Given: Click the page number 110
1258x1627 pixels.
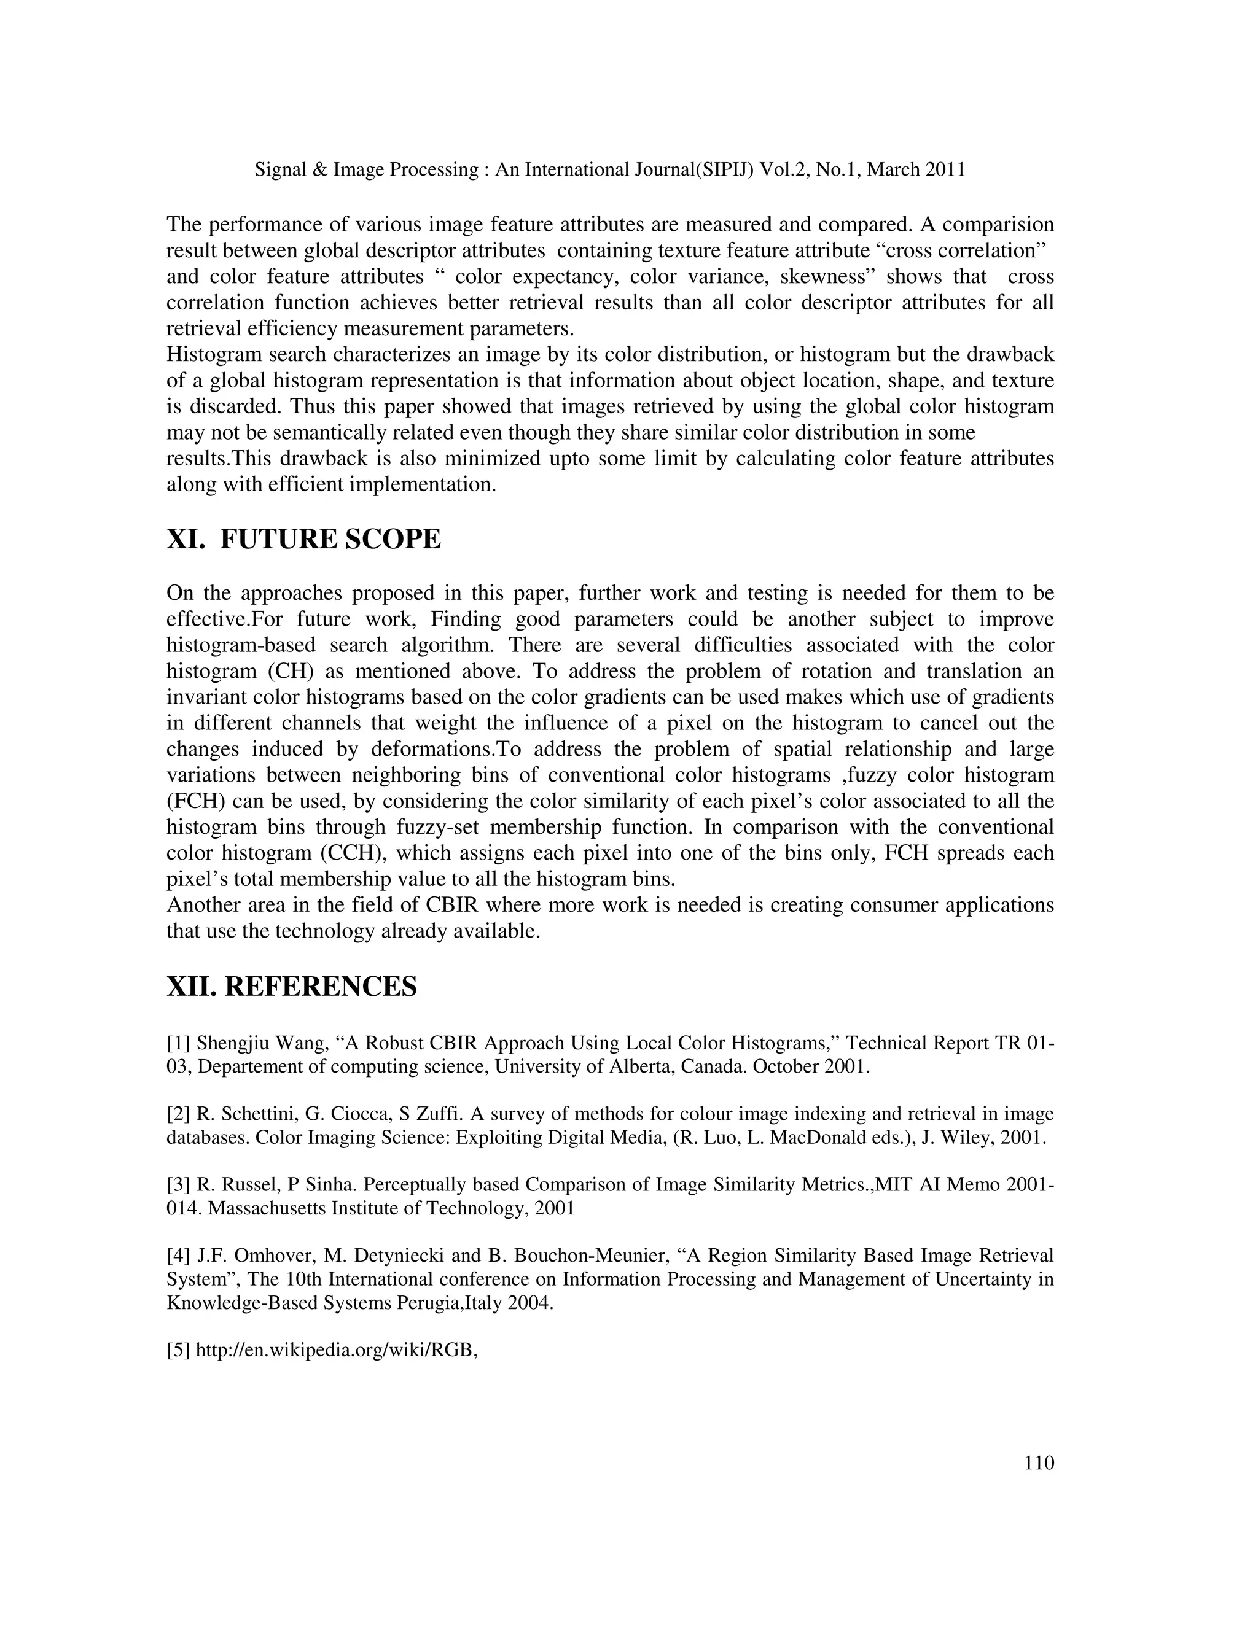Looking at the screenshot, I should [1039, 1463].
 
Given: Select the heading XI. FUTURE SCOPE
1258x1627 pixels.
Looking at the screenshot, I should [303, 538].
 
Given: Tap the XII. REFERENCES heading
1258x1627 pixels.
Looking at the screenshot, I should [291, 987].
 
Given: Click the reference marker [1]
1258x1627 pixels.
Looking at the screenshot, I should [179, 1043].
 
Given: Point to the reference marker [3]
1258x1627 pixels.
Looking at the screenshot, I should [179, 1184].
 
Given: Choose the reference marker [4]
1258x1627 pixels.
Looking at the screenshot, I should [179, 1256].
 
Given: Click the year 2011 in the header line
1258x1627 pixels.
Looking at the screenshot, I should [945, 170].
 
